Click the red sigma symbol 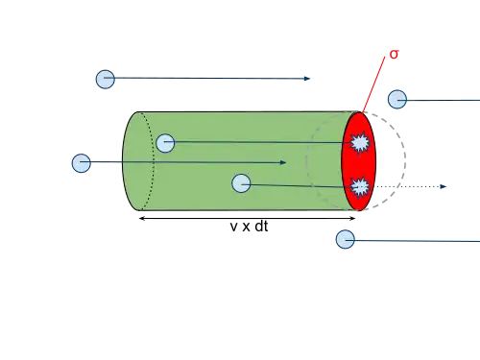click(x=394, y=55)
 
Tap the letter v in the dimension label click(x=234, y=227)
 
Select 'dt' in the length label click(x=261, y=226)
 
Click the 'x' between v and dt click(x=246, y=227)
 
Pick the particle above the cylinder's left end click(x=106, y=80)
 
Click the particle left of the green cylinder click(x=82, y=163)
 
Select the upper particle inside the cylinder click(x=165, y=143)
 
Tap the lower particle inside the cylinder click(x=241, y=183)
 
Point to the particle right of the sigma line click(x=397, y=99)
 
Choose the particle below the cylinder click(x=346, y=239)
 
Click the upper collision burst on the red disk click(x=360, y=143)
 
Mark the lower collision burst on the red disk click(x=360, y=187)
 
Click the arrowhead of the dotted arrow click(x=444, y=186)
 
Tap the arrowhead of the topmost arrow click(x=307, y=79)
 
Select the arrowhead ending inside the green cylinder click(x=283, y=162)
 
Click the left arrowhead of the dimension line click(x=142, y=219)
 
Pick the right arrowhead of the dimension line click(x=352, y=219)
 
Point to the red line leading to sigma click(x=373, y=84)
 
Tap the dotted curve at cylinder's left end click(x=154, y=160)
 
